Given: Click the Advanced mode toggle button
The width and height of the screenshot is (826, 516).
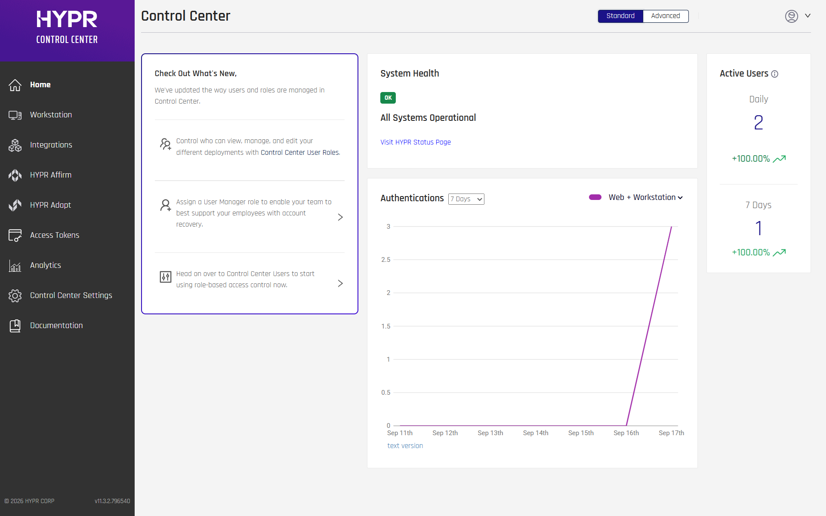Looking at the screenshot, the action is [x=666, y=16].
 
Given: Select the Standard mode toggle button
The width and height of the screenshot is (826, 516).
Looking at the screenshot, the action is [x=620, y=16].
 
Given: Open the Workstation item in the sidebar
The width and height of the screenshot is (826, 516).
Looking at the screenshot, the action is [x=51, y=115].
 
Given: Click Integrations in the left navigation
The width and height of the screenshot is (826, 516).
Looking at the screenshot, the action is [x=51, y=145].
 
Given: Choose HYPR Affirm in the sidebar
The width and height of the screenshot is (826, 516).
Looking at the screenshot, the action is [x=51, y=175].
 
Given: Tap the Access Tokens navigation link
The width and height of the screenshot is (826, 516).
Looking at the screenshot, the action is [x=55, y=235].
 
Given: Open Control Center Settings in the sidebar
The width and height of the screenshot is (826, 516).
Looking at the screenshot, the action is [x=71, y=295].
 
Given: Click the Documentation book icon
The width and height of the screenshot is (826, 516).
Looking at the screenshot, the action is [x=15, y=326].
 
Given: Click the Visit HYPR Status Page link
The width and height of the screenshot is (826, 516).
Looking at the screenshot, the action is [x=416, y=142].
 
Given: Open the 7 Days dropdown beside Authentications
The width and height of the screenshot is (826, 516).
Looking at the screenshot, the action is [x=466, y=199].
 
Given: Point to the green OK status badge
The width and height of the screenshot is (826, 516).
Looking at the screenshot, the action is [x=388, y=98].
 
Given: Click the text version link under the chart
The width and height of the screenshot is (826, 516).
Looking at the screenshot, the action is [x=405, y=445].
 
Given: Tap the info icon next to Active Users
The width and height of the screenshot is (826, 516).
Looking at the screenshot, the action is [x=775, y=74].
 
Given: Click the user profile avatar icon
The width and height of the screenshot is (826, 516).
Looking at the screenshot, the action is [x=792, y=16].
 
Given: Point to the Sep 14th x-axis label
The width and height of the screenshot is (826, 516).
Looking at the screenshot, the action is [x=536, y=433].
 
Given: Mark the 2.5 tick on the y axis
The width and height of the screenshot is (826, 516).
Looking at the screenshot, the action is [x=386, y=260].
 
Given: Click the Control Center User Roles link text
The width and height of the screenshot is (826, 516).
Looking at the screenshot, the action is [x=300, y=153].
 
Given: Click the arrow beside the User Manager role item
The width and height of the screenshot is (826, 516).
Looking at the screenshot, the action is [x=340, y=217].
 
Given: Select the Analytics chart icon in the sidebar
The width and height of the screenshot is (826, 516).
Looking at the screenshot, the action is [x=15, y=266].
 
